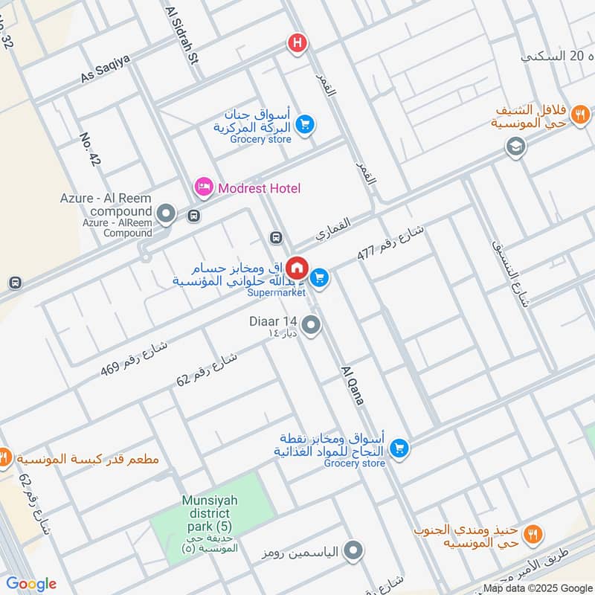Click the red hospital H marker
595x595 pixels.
[x=297, y=44]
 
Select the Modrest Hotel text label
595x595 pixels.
[x=259, y=188]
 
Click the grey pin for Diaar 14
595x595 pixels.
[x=312, y=325]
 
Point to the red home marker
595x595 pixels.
[x=297, y=266]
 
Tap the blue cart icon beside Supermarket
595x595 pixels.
[x=320, y=277]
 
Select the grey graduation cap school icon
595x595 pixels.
[x=514, y=147]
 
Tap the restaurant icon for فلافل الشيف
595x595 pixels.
[x=582, y=115]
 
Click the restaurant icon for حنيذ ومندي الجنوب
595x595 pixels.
[x=533, y=533]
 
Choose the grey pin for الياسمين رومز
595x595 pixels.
[x=354, y=551]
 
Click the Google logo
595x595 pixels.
[x=31, y=584]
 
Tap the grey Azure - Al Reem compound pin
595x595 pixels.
[x=167, y=216]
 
